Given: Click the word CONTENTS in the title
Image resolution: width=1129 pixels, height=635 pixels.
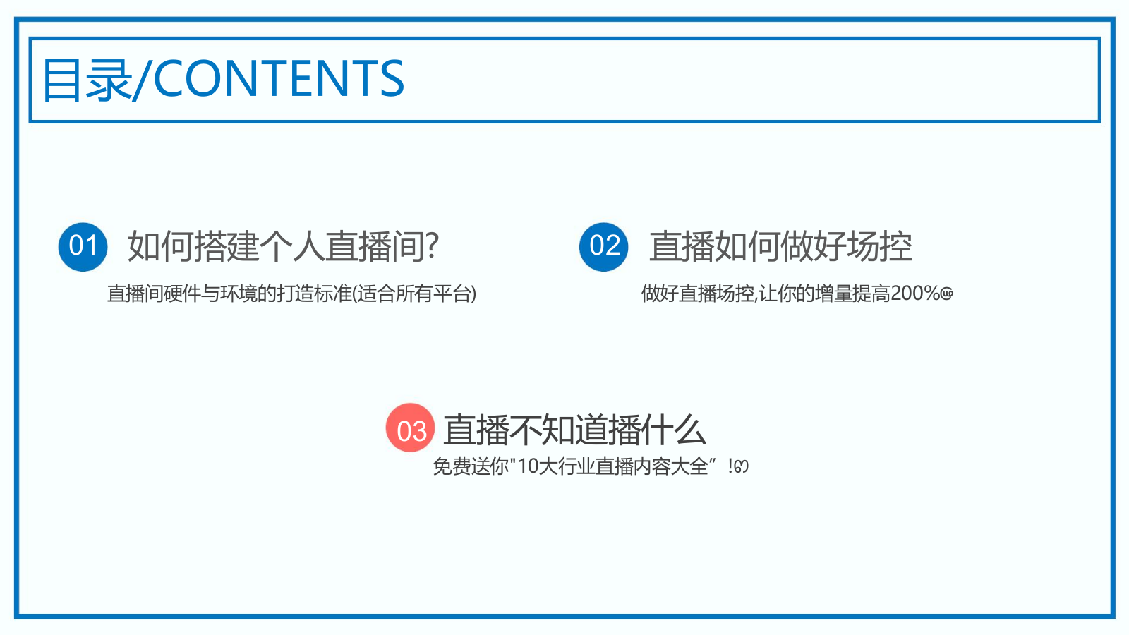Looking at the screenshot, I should click(279, 78).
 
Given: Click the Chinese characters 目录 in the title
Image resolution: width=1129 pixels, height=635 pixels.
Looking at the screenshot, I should click(87, 80).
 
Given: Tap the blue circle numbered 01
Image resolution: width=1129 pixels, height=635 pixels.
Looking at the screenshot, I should click(83, 246).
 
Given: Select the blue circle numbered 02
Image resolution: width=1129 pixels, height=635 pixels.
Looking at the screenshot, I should click(604, 246).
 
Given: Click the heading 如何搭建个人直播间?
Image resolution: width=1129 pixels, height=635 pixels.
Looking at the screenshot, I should click(283, 246).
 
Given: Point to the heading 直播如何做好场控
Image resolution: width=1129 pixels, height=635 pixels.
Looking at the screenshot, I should click(780, 246).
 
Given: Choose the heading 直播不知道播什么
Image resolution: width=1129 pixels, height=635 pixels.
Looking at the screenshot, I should click(574, 430).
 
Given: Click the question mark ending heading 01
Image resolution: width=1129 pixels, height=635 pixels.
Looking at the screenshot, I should click(432, 246).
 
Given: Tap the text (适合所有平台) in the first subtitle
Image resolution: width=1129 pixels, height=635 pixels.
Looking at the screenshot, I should click(414, 294).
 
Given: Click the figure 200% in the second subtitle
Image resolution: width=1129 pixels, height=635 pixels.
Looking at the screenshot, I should click(915, 293).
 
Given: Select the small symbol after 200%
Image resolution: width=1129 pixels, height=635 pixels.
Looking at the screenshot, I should click(947, 294).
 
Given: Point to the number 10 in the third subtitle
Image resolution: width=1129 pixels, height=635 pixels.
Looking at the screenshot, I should click(528, 466).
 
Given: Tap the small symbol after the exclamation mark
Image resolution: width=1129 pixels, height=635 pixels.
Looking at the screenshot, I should click(741, 466).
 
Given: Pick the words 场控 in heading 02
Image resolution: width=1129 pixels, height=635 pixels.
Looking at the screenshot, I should click(879, 246).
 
